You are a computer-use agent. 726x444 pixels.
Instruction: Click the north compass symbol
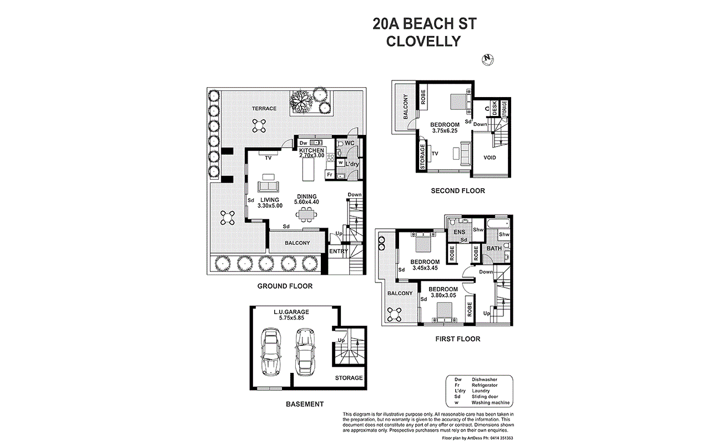487,59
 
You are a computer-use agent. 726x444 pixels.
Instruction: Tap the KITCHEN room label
311,150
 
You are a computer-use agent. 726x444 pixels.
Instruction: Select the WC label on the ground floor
350,143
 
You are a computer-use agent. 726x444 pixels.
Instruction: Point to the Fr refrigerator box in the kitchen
330,175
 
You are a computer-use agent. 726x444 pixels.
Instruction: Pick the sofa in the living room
268,186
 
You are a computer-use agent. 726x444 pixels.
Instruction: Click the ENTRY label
339,251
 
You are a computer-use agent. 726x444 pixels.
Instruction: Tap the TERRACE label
264,109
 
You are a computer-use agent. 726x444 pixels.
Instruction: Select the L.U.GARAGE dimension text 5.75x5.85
291,318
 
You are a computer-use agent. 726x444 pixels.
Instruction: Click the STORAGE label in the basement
349,378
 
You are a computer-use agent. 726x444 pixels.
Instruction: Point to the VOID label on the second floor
490,158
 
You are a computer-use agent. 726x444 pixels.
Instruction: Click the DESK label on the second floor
495,108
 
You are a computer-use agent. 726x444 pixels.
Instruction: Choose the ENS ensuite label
459,232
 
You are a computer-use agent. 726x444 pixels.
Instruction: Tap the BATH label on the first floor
494,249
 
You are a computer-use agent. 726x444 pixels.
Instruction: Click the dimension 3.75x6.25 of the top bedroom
445,130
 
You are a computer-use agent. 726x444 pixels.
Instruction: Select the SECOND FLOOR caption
458,191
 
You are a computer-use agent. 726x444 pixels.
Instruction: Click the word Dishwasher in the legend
485,380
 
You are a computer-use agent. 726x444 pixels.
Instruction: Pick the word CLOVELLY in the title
423,41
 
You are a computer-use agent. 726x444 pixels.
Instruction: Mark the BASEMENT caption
305,404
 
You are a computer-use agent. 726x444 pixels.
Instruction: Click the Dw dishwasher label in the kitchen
303,143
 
